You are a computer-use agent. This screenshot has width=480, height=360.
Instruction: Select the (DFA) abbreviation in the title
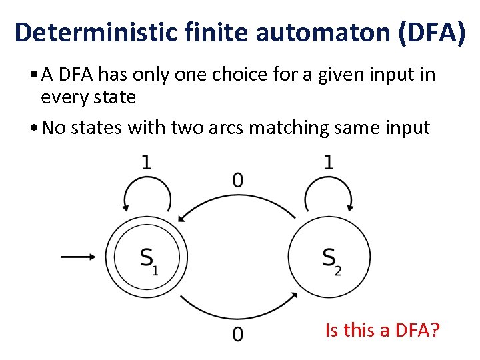click(x=431, y=31)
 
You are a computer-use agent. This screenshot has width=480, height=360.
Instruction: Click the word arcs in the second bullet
click(x=224, y=127)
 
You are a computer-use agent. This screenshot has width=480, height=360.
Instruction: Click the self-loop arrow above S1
click(x=146, y=193)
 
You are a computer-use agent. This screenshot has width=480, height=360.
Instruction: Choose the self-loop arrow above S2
click(x=329, y=193)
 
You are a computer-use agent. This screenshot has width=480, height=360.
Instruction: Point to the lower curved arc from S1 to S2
click(x=237, y=311)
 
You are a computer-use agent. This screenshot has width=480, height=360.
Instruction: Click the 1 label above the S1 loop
click(x=146, y=163)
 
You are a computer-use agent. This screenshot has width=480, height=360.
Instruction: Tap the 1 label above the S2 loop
click(x=329, y=163)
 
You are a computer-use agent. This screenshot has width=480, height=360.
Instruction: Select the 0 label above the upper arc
click(x=237, y=179)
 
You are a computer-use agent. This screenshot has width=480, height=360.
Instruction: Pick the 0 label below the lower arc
click(x=237, y=334)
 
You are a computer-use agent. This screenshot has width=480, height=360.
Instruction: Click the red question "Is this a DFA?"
click(x=382, y=329)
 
